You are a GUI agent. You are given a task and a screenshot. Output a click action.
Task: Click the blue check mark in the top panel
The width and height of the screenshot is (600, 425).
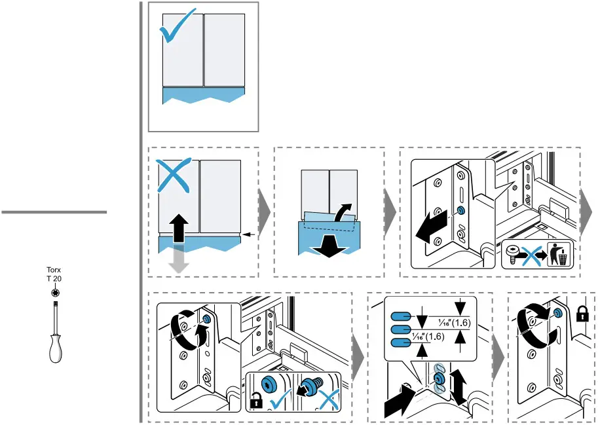click(x=176, y=26)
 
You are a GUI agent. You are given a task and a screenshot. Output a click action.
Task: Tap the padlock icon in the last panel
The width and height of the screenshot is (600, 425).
click(x=581, y=315)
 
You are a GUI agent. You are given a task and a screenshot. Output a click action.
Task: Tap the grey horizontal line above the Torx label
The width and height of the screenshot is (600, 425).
click(x=54, y=212)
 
